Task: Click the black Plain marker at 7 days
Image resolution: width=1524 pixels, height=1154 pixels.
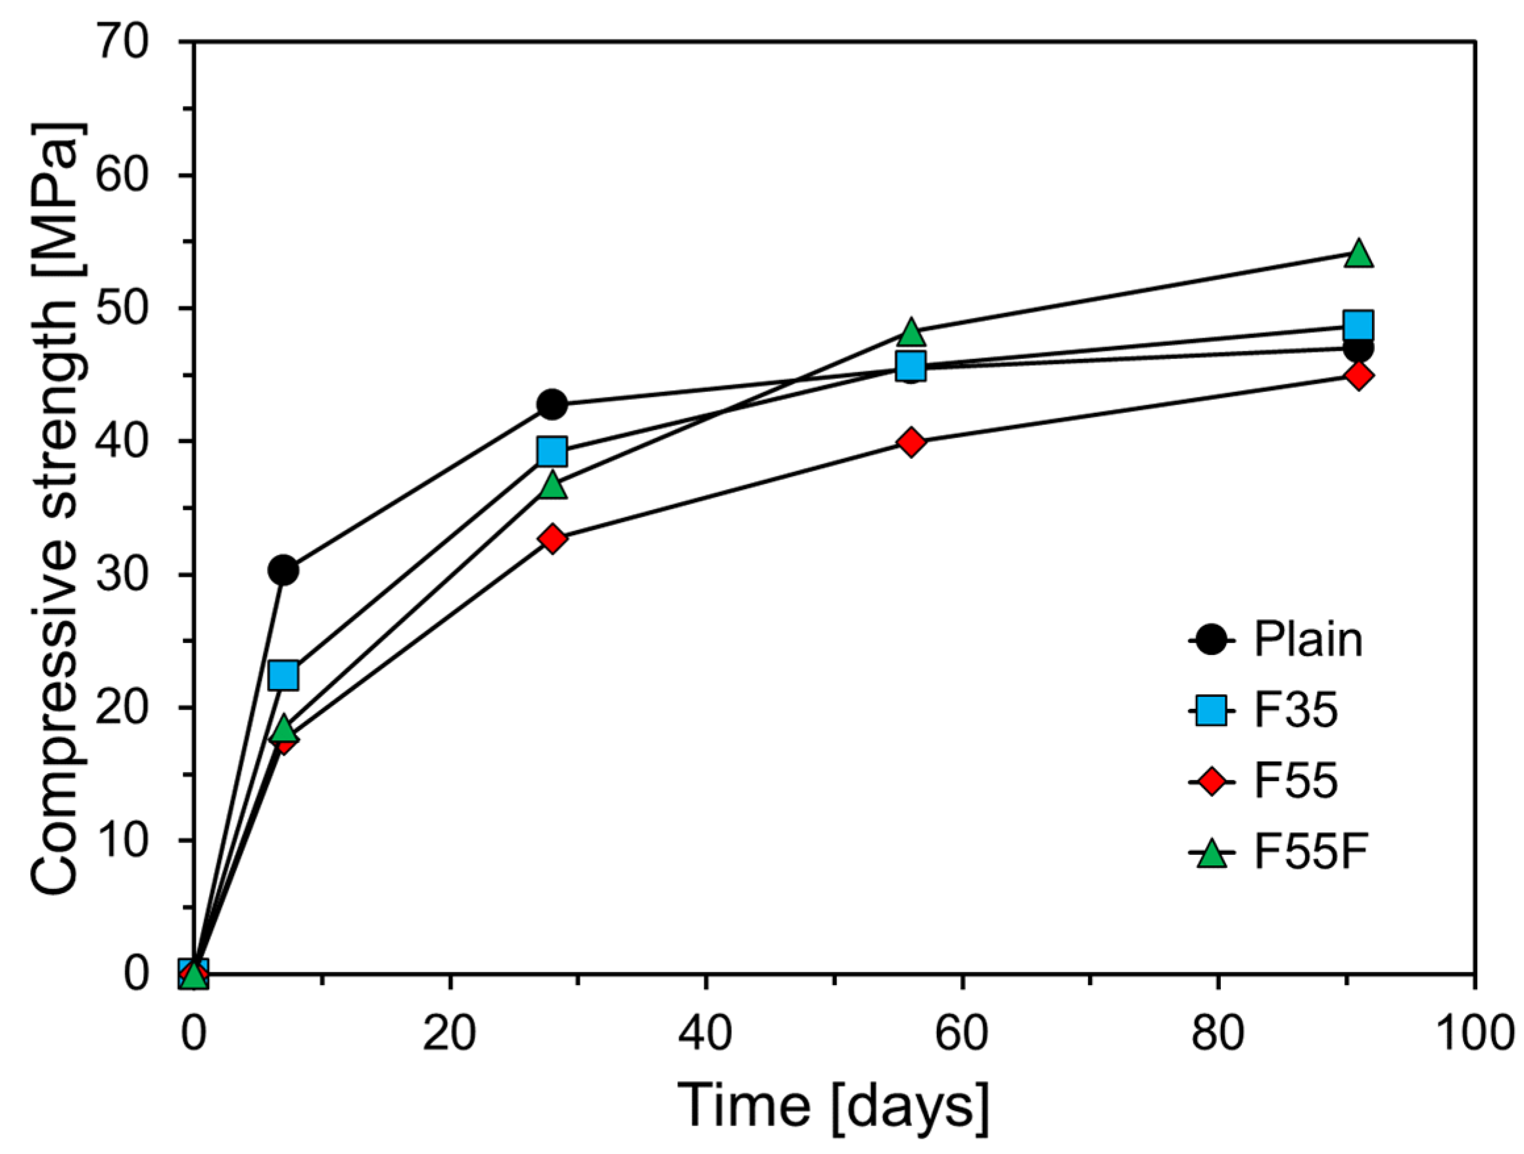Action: coord(283,569)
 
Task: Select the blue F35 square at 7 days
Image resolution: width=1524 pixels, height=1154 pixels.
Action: coord(283,675)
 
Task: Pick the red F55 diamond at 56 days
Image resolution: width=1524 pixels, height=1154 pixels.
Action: coord(911,442)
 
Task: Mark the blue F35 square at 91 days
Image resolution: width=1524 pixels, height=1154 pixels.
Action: coord(1358,324)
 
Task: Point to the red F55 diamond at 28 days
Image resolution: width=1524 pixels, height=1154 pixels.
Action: coord(552,538)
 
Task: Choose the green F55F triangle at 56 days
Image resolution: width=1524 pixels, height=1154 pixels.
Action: coord(911,333)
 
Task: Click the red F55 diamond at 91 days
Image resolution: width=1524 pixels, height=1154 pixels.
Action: coord(1358,375)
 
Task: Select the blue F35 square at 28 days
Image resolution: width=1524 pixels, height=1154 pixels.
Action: coord(552,451)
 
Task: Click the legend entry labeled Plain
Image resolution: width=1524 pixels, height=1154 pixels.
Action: coord(1308,640)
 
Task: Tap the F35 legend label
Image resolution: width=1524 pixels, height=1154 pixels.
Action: coord(1295,711)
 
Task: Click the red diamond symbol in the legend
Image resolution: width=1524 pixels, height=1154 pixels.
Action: coord(1211,782)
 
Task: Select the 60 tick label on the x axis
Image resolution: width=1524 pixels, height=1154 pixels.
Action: coord(962,1034)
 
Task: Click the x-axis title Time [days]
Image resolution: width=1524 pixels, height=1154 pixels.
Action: coord(834,1107)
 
